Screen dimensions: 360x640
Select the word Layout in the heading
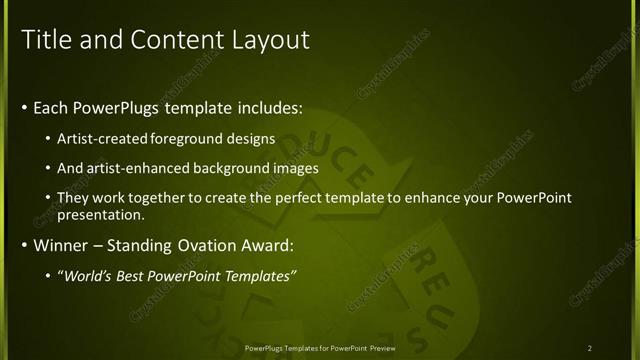point(271,40)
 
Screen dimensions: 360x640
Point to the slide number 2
point(590,348)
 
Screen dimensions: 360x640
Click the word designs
point(254,140)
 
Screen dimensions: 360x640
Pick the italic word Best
point(131,275)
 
